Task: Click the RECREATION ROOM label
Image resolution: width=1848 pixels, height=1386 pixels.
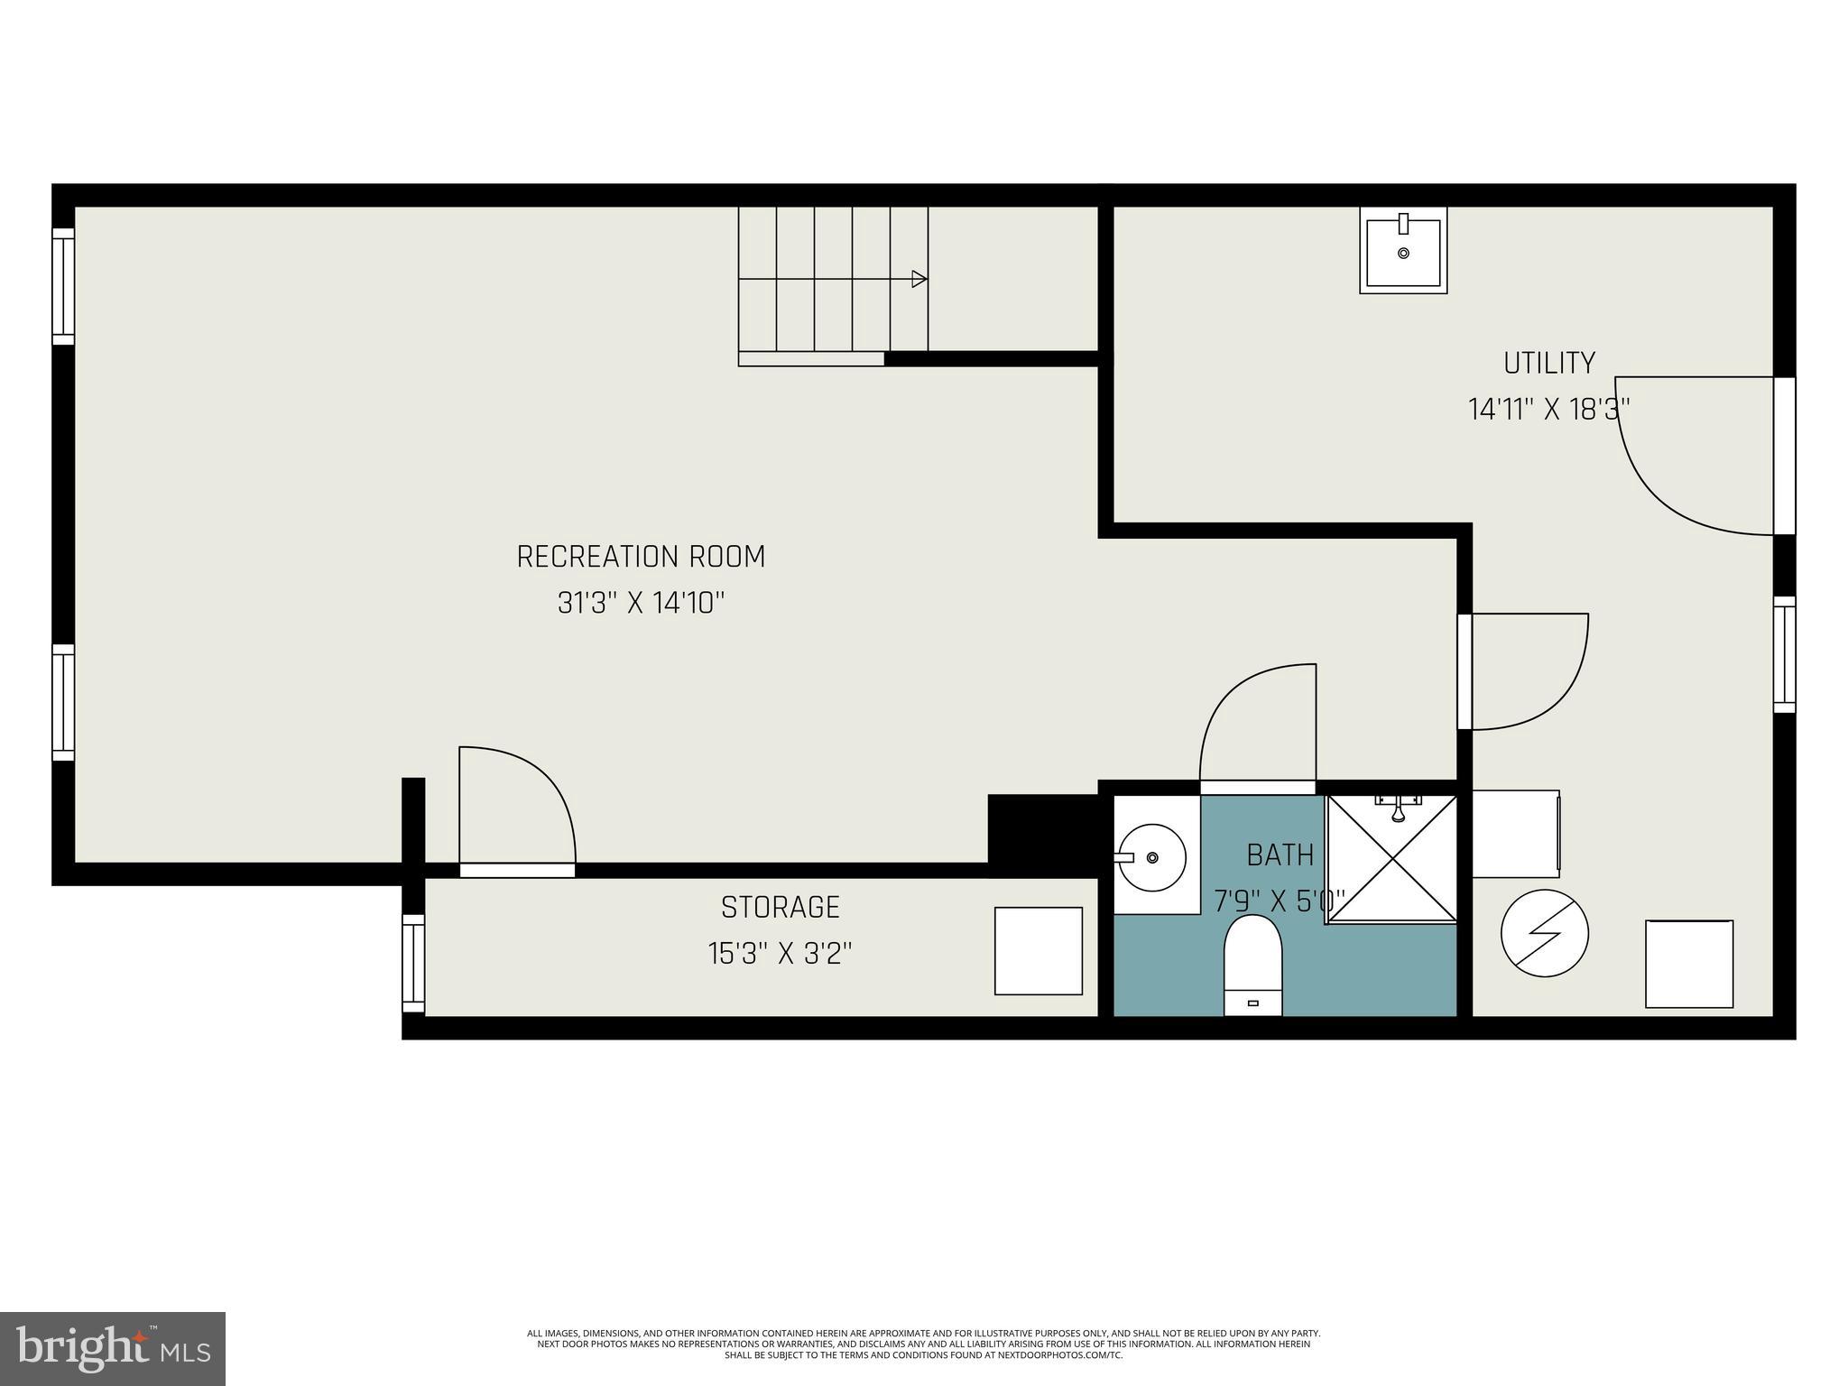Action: [641, 557]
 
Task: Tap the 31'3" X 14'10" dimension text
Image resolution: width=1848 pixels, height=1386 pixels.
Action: [641, 603]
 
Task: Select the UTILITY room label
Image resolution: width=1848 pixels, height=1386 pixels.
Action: [1548, 363]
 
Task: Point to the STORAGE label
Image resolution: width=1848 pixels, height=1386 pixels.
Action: [780, 907]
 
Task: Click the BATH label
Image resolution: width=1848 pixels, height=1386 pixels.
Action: [1280, 855]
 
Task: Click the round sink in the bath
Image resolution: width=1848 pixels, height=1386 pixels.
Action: [1151, 856]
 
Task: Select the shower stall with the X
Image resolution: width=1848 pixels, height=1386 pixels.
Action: [1392, 859]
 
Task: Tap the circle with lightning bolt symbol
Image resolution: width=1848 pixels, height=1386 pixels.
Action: [1544, 933]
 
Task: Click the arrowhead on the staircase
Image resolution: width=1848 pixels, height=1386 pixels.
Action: [919, 279]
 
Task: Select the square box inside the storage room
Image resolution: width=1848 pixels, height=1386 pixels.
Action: [1038, 951]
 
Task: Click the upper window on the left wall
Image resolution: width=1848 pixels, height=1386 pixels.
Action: [63, 286]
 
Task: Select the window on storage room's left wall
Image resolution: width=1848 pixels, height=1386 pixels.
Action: [413, 963]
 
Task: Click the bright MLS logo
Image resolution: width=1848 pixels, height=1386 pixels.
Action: [113, 1348]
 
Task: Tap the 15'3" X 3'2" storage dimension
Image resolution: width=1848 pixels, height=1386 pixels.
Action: [780, 954]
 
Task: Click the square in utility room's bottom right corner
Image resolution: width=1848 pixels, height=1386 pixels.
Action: [1688, 964]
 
